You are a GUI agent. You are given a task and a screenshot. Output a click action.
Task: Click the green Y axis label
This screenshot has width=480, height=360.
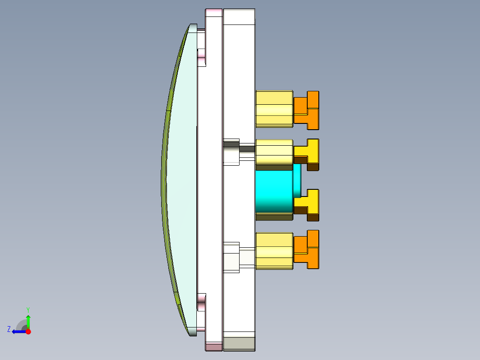(x=28, y=309)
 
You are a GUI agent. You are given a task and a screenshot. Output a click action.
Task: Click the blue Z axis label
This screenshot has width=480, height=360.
(x=9, y=329)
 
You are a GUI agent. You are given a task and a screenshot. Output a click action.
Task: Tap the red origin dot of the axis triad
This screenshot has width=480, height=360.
(x=28, y=331)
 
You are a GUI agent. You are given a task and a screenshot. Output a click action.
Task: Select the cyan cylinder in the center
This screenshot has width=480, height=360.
(x=274, y=192)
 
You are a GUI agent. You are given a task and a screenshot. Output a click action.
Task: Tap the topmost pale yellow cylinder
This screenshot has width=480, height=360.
(x=274, y=109)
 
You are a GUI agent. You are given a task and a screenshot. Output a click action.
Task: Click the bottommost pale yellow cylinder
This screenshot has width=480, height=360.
(x=274, y=251)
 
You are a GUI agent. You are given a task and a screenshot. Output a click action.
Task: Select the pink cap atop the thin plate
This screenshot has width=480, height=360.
(x=214, y=12)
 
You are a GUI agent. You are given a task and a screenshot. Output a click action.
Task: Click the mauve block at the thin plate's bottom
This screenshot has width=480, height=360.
(x=214, y=346)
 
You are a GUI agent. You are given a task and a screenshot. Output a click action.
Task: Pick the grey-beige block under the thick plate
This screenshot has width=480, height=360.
(x=239, y=343)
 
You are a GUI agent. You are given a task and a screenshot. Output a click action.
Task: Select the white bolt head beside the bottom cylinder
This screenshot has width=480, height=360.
(x=231, y=258)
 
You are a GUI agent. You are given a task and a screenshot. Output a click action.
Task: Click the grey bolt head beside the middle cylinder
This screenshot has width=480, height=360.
(x=231, y=143)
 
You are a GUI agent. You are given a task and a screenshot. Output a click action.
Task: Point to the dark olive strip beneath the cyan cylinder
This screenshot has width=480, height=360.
(x=274, y=217)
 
